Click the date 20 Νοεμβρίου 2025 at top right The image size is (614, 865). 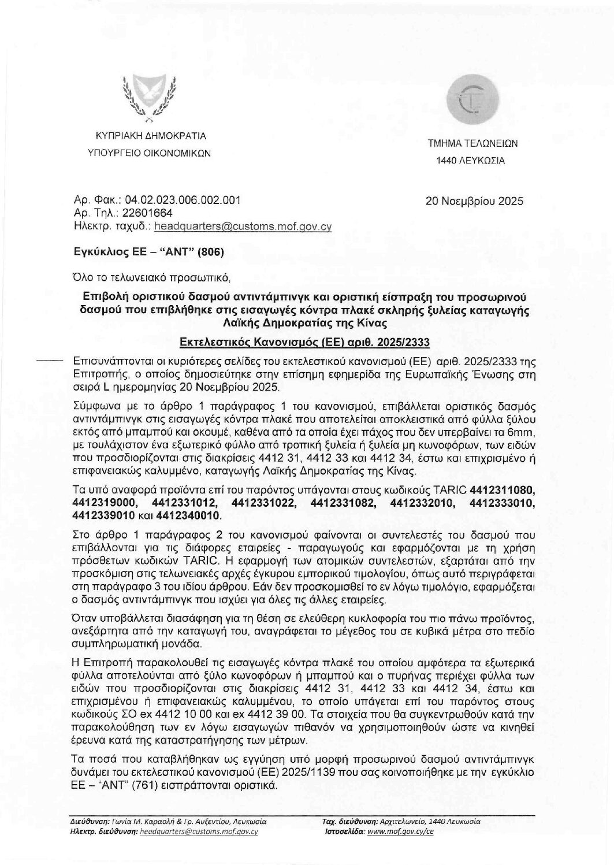click(x=474, y=202)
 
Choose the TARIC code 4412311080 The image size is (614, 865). click(x=504, y=489)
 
